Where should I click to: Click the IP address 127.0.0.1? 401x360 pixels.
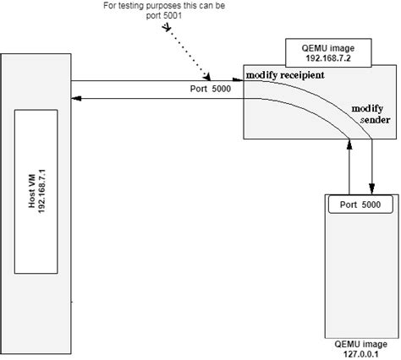coord(359,354)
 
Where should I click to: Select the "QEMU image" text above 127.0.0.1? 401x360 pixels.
coord(359,345)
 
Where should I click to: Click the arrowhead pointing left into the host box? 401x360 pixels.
coord(76,98)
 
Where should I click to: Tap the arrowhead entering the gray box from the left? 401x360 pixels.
coord(239,82)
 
